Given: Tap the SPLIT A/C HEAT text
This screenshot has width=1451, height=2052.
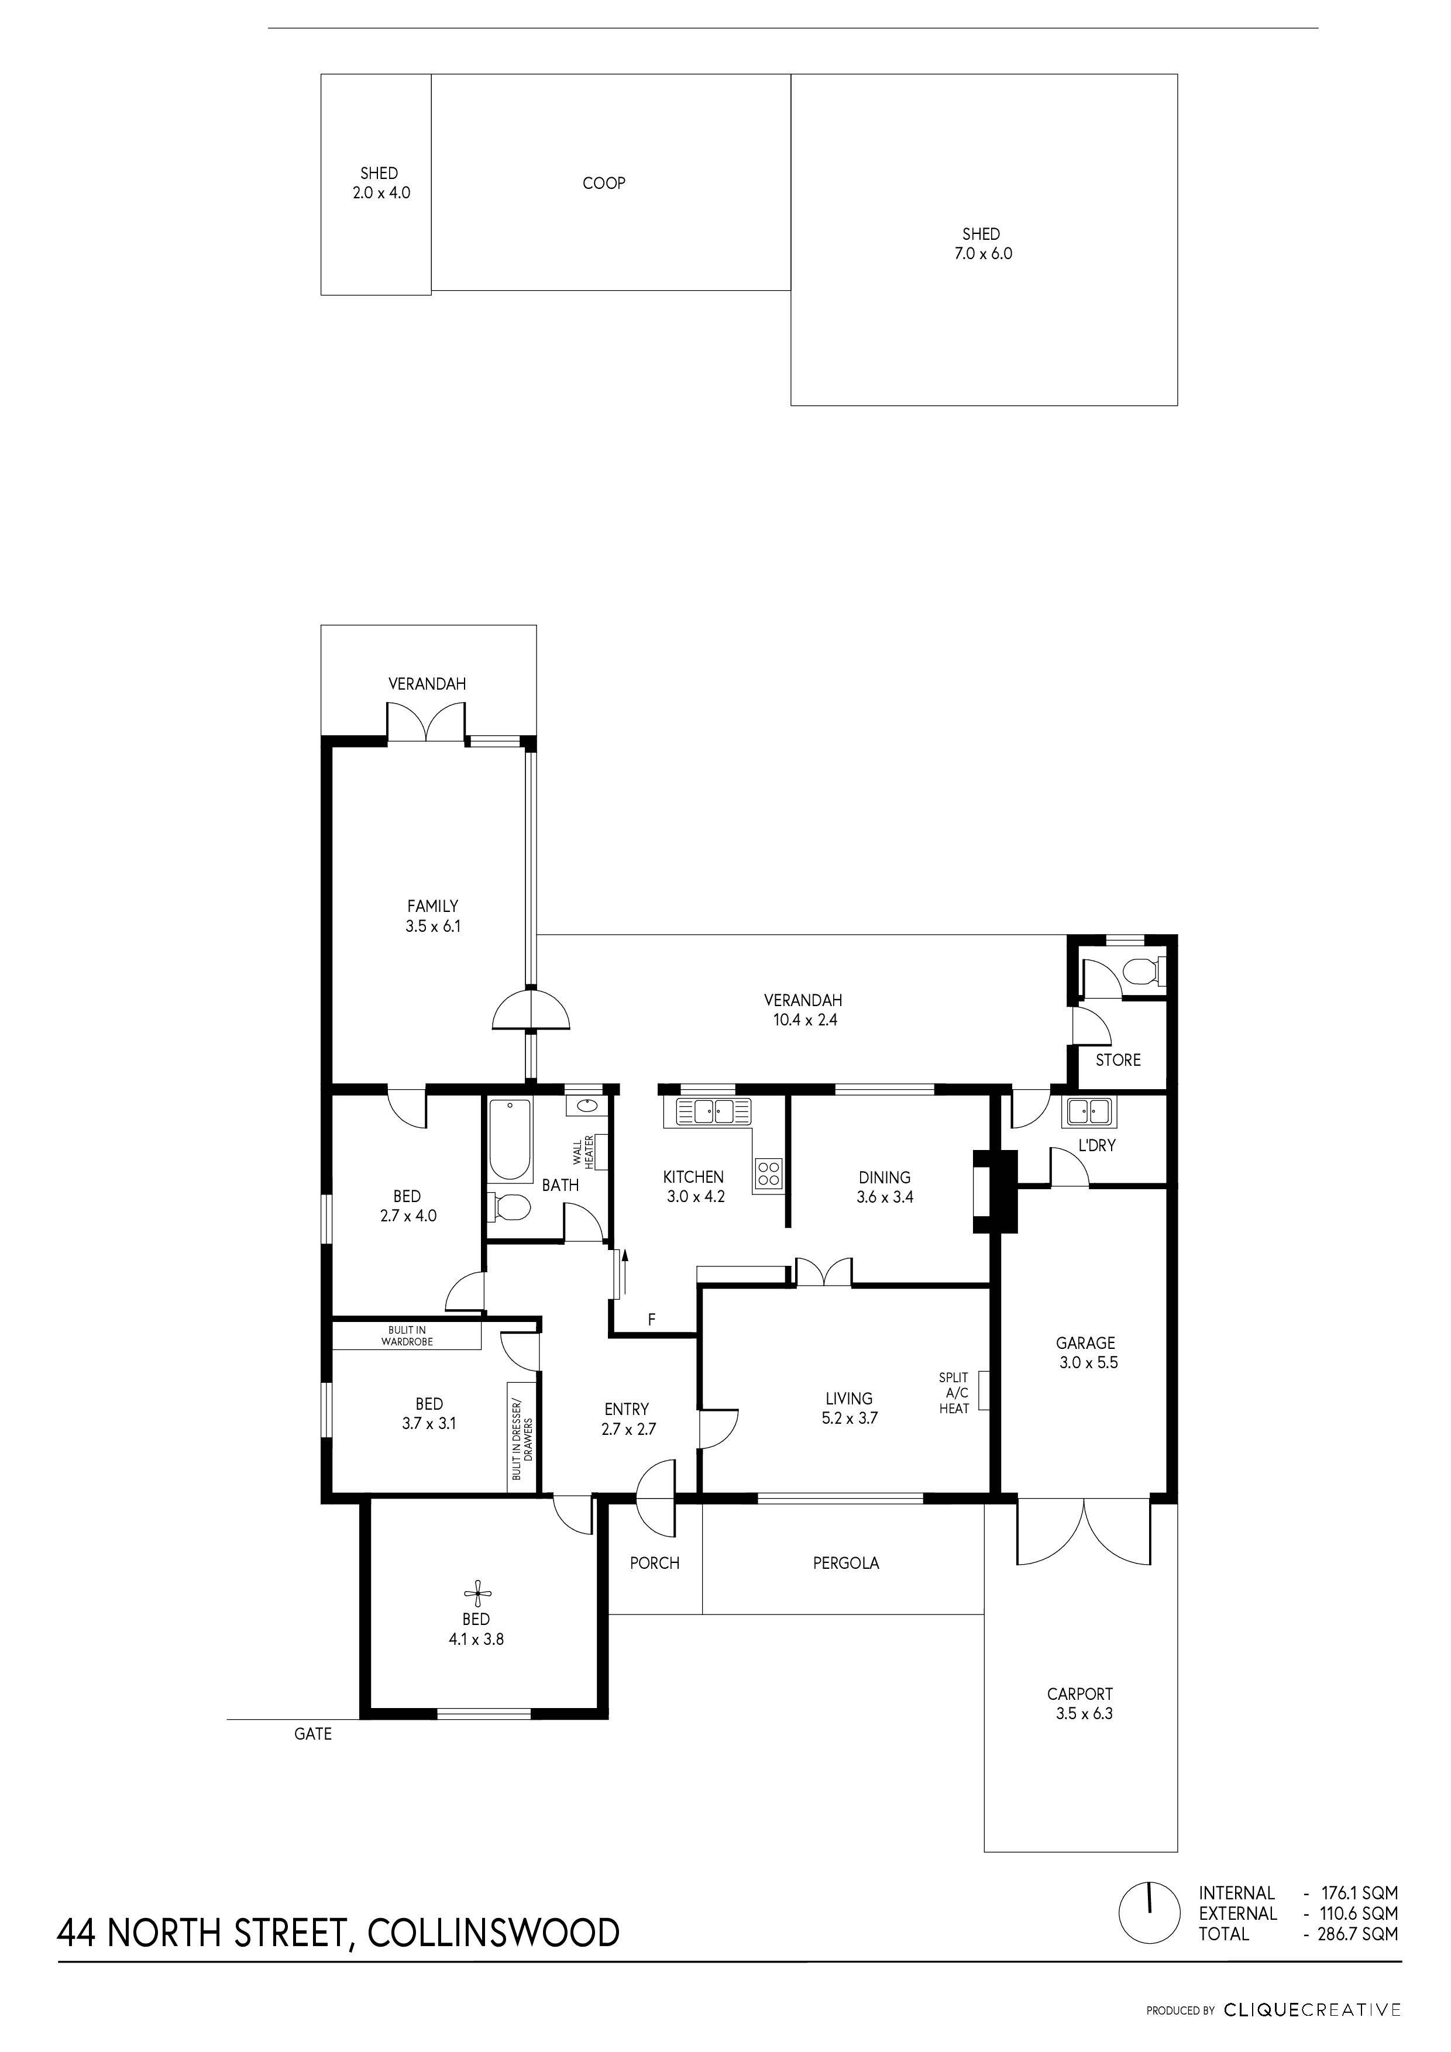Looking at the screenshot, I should pyautogui.click(x=954, y=1392).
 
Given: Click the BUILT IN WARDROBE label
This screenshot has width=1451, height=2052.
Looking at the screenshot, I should pyautogui.click(x=407, y=1336).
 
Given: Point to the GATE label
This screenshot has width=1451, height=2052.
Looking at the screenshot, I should pyautogui.click(x=313, y=1734).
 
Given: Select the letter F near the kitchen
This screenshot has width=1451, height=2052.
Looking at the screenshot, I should pyautogui.click(x=652, y=1319).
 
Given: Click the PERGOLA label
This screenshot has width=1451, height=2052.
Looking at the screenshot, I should pyautogui.click(x=846, y=1563).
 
